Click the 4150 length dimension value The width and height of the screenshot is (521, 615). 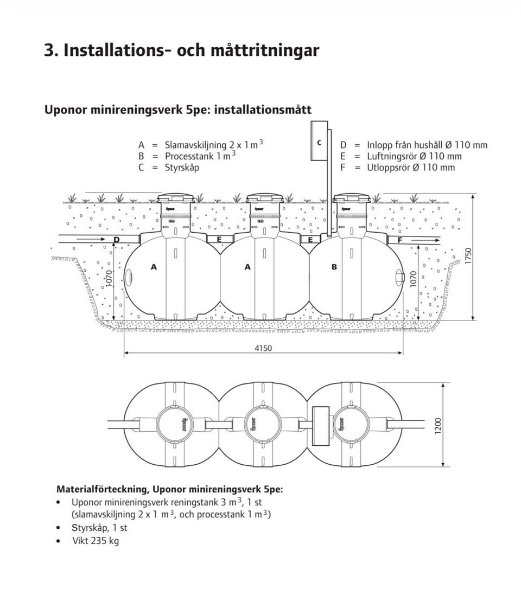pyautogui.click(x=263, y=348)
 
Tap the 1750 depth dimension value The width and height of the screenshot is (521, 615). pyautogui.click(x=468, y=257)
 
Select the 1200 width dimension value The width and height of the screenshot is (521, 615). pyautogui.click(x=438, y=425)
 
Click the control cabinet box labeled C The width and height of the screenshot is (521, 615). pyautogui.click(x=319, y=143)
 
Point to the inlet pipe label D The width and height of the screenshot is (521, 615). pyautogui.click(x=116, y=240)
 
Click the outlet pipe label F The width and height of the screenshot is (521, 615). pyautogui.click(x=400, y=240)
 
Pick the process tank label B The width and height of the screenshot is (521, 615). pyautogui.click(x=334, y=267)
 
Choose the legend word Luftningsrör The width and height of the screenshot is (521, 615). pyautogui.click(x=387, y=156)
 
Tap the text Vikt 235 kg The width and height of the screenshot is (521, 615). pyautogui.click(x=96, y=541)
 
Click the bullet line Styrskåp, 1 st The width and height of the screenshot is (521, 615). pyautogui.click(x=99, y=527)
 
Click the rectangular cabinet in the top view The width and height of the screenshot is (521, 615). pyautogui.click(x=322, y=425)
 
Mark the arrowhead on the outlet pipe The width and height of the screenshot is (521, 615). pyautogui.click(x=437, y=240)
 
